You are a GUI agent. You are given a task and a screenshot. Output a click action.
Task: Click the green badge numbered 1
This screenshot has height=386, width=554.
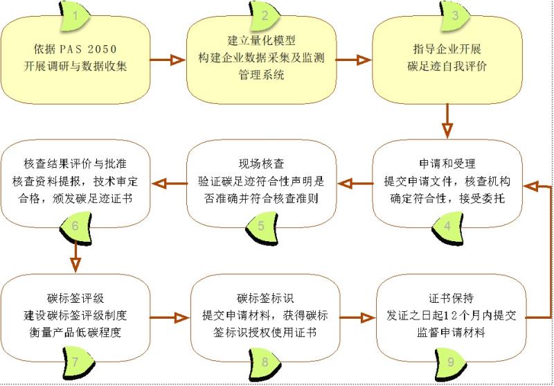pyautogui.click(x=75, y=16)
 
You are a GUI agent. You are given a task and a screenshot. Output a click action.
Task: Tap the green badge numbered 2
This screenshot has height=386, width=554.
pyautogui.click(x=265, y=16)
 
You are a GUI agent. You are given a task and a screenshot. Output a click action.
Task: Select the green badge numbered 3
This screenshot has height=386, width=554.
pyautogui.click(x=455, y=16)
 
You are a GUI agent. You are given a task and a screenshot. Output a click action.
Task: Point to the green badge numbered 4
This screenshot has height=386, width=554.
pyautogui.click(x=447, y=227)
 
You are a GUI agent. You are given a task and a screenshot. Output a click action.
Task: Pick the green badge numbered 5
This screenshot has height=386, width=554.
pyautogui.click(x=261, y=227)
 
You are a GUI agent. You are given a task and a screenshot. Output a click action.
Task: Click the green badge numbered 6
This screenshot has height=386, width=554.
pyautogui.click(x=75, y=227)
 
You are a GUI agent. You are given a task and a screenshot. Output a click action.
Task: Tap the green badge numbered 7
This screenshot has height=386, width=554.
pyautogui.click(x=78, y=362)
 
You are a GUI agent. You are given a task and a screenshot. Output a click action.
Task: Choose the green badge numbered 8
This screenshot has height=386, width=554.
pyautogui.click(x=265, y=362)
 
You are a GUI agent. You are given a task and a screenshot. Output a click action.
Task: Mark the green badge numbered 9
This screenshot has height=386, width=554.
pyautogui.click(x=451, y=362)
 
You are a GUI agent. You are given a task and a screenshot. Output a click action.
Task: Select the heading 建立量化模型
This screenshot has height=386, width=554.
pyautogui.click(x=262, y=41)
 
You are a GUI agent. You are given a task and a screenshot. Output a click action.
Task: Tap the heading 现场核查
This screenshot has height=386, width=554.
pyautogui.click(x=262, y=164)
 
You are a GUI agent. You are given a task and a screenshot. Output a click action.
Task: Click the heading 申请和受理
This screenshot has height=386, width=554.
pyautogui.click(x=447, y=164)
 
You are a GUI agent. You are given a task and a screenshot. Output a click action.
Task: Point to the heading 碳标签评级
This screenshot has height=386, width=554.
pyautogui.click(x=75, y=299)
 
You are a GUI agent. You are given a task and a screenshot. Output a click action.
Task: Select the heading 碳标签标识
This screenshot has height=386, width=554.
pyautogui.click(x=265, y=299)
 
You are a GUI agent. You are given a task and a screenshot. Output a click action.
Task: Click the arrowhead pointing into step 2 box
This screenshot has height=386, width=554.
pyautogui.click(x=178, y=60)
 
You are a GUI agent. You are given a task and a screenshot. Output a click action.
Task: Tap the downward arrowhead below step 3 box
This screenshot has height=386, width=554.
pyautogui.click(x=447, y=130)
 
